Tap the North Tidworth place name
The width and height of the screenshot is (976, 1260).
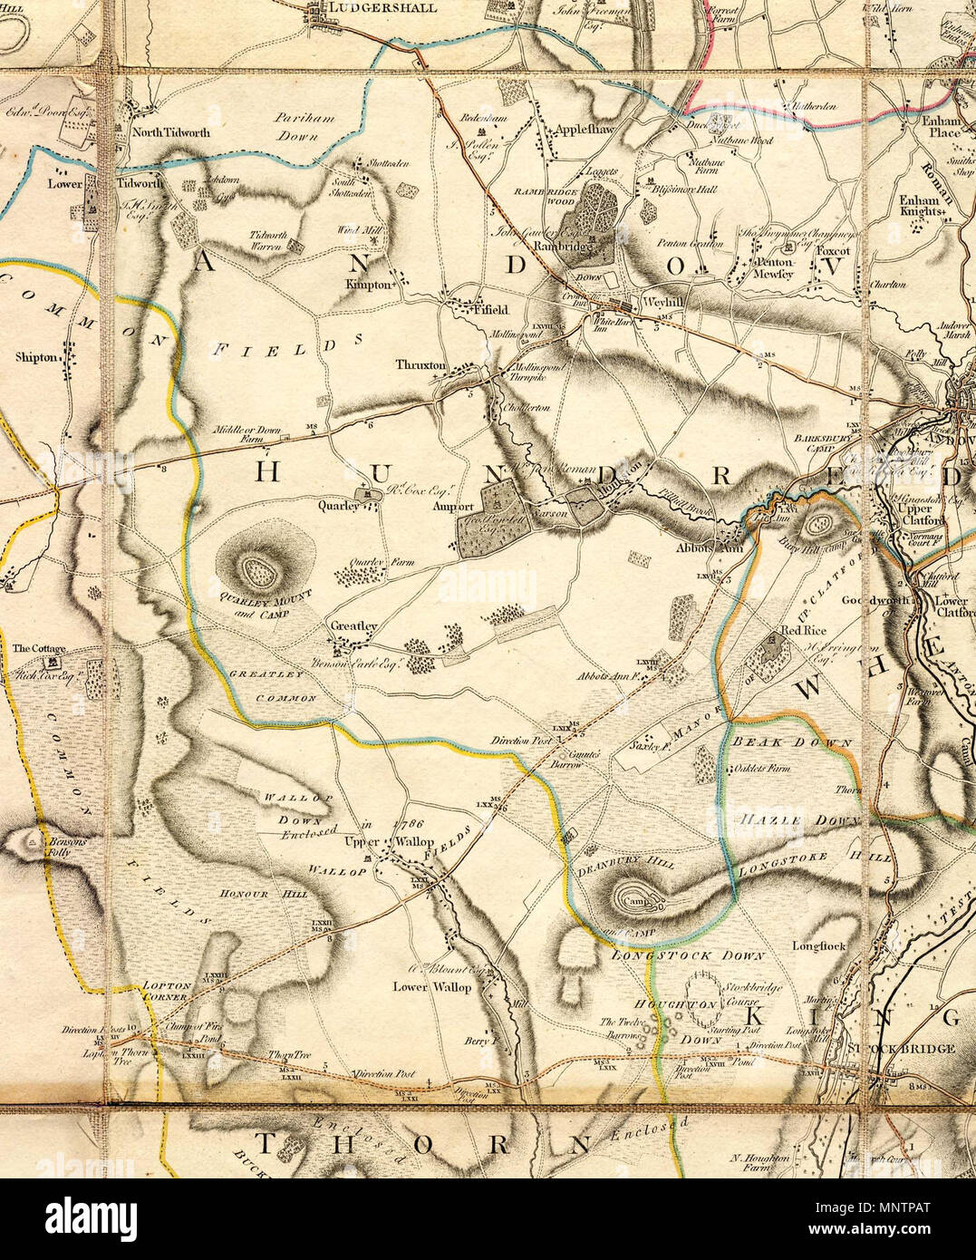click(171, 131)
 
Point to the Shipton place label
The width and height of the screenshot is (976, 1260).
click(36, 357)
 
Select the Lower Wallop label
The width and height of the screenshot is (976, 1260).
click(432, 987)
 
